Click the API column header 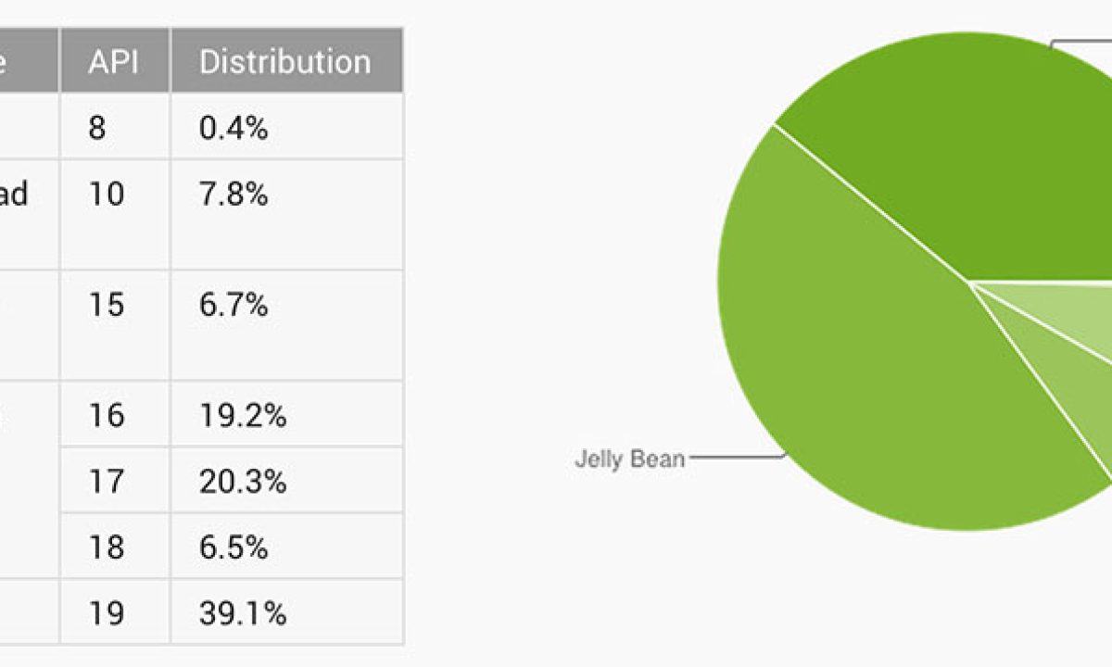pyautogui.click(x=114, y=62)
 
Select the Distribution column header pyautogui.click(x=284, y=62)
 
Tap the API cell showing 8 pyautogui.click(x=97, y=128)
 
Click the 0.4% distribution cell pyautogui.click(x=234, y=128)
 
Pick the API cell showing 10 pyautogui.click(x=107, y=195)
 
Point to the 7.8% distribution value pyautogui.click(x=234, y=195)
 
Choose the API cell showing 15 pyautogui.click(x=107, y=305)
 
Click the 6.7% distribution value pyautogui.click(x=234, y=305)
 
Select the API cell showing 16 pyautogui.click(x=107, y=415)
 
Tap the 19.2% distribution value pyautogui.click(x=242, y=415)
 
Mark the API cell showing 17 pyautogui.click(x=107, y=482)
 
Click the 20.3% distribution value pyautogui.click(x=242, y=482)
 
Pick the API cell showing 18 pyautogui.click(x=107, y=547)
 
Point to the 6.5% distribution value pyautogui.click(x=234, y=547)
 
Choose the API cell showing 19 pyautogui.click(x=107, y=613)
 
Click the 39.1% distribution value pyautogui.click(x=242, y=613)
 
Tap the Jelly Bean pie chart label pyautogui.click(x=629, y=459)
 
